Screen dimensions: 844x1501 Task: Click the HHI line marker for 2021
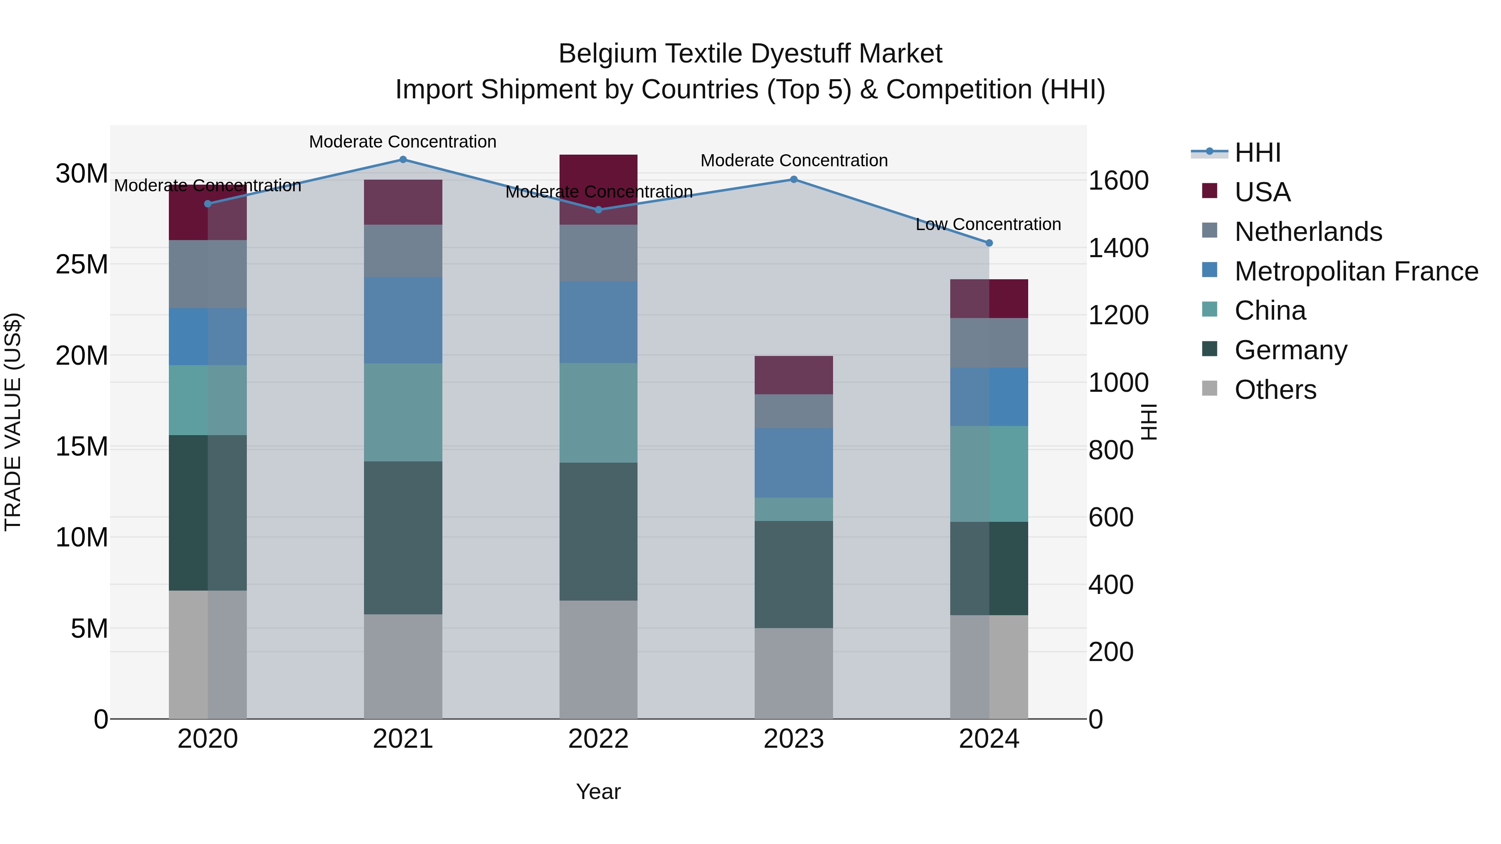tap(403, 160)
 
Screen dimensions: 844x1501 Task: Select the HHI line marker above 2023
tap(793, 179)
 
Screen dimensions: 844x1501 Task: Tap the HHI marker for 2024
tap(989, 243)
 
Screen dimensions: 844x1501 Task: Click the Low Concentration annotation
tap(988, 224)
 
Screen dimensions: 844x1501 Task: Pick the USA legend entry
tap(1262, 192)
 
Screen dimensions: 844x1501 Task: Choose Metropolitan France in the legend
tap(1356, 271)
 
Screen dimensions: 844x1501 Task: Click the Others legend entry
tap(1275, 390)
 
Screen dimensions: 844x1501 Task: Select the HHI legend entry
tap(1258, 153)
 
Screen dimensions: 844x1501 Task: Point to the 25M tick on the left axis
tap(82, 264)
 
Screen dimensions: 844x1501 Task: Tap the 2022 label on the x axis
tap(598, 739)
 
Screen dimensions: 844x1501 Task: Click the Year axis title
tap(598, 791)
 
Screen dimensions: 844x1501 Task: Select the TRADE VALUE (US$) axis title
tap(13, 422)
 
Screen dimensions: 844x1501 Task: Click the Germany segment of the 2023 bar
tap(793, 574)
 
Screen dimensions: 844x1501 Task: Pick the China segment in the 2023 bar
tap(793, 509)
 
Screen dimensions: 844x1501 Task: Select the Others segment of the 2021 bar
tap(403, 666)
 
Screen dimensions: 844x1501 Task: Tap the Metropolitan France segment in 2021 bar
tap(403, 321)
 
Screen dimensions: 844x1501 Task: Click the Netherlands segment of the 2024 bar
tap(989, 343)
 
